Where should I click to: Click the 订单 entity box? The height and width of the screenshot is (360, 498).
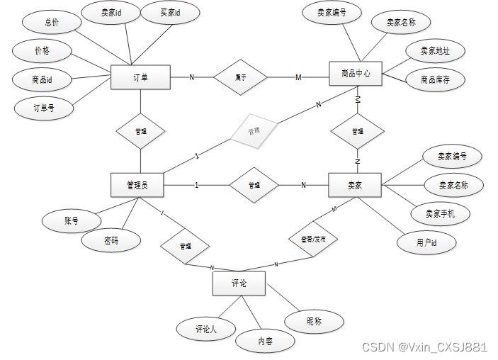(140, 77)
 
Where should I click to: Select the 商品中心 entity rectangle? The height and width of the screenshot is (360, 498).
(356, 74)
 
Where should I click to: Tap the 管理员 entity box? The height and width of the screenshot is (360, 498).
(137, 185)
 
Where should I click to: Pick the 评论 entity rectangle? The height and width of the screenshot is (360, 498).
(239, 283)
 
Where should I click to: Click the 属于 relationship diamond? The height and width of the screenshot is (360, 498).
(241, 77)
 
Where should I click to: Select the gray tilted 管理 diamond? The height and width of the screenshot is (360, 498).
(254, 131)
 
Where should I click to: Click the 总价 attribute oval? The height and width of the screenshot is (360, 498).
(52, 22)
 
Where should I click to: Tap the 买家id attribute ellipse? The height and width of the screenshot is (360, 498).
(170, 13)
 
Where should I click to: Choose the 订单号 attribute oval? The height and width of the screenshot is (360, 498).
(44, 108)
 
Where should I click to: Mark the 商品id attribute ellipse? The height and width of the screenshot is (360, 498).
(43, 79)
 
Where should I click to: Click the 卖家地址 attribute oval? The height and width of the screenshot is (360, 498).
(434, 51)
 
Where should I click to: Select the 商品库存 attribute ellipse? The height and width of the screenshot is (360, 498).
(436, 80)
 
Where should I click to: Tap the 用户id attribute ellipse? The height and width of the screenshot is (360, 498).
(426, 242)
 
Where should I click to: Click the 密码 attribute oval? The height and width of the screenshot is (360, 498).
(111, 241)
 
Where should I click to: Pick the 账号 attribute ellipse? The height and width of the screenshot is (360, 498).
(71, 220)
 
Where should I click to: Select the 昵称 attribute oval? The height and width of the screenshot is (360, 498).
(315, 322)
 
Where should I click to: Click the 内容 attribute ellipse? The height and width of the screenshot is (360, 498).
(265, 342)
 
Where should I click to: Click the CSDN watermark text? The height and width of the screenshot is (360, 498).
(424, 347)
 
